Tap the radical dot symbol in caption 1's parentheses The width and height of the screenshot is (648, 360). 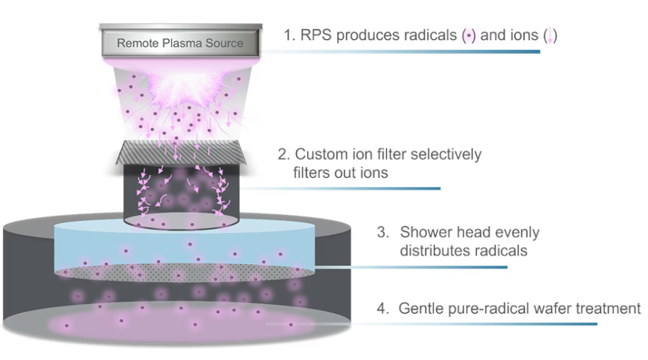[x=468, y=36]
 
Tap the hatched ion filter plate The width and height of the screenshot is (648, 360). [x=180, y=152]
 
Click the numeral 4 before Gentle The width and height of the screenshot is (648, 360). [x=382, y=310]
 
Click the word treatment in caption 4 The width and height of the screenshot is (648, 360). [x=606, y=310]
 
